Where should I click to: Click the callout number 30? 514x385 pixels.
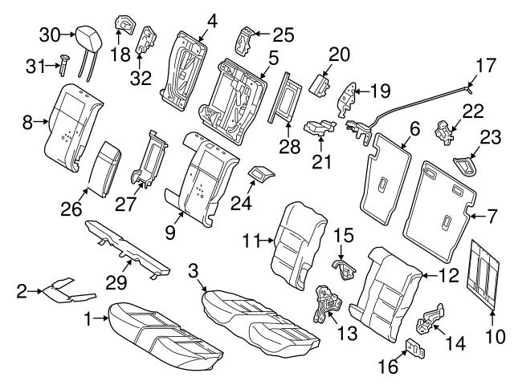[50, 34]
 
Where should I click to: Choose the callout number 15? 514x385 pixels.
[343, 237]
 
